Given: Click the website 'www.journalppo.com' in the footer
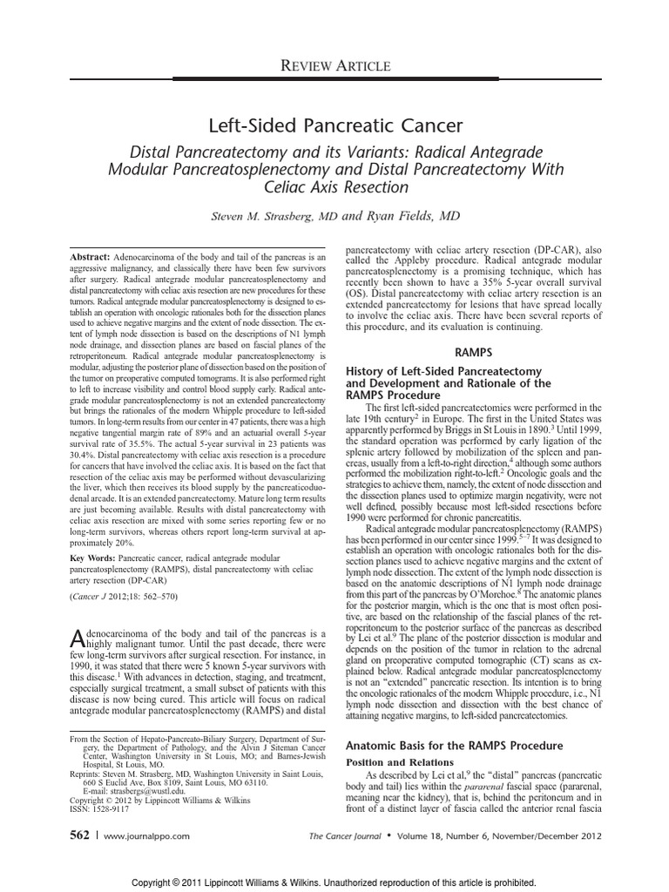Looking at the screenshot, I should [146, 836].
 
